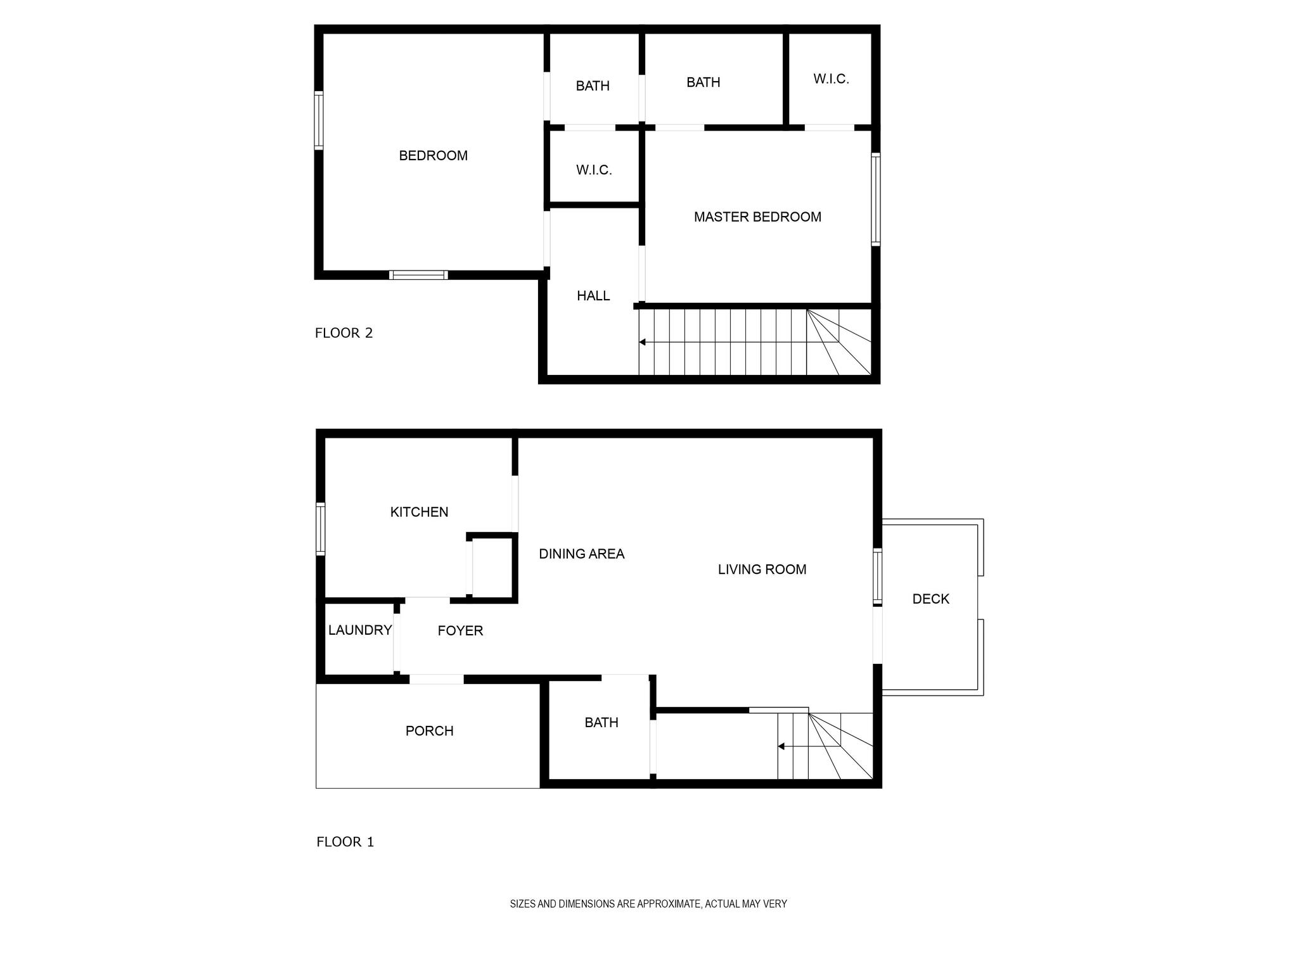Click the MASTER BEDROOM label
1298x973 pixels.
pyautogui.click(x=757, y=217)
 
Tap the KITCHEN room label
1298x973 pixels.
pyautogui.click(x=419, y=512)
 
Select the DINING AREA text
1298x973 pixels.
pyautogui.click(x=582, y=554)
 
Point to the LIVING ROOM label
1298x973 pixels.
pyautogui.click(x=762, y=569)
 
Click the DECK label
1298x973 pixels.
pyautogui.click(x=930, y=599)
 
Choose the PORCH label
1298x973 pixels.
pyautogui.click(x=429, y=731)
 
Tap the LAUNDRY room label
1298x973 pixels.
pyautogui.click(x=360, y=630)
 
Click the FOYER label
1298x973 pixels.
pyautogui.click(x=460, y=630)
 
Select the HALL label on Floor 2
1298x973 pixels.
pyautogui.click(x=593, y=296)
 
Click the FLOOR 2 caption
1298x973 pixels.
pyautogui.click(x=344, y=333)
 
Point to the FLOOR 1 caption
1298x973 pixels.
pyautogui.click(x=345, y=842)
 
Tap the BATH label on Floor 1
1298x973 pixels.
pyautogui.click(x=601, y=722)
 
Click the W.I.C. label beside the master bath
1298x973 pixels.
pyautogui.click(x=831, y=79)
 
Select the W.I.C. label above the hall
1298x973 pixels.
pyautogui.click(x=594, y=170)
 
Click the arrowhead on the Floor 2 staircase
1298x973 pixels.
pyautogui.click(x=642, y=342)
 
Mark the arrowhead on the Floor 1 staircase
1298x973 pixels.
pyautogui.click(x=781, y=746)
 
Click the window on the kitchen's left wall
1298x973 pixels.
pyautogui.click(x=321, y=529)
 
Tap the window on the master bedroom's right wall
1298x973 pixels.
pyautogui.click(x=876, y=199)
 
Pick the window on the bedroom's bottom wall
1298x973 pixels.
pyautogui.click(x=418, y=275)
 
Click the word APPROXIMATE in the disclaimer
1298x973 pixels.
pyautogui.click(x=669, y=904)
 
